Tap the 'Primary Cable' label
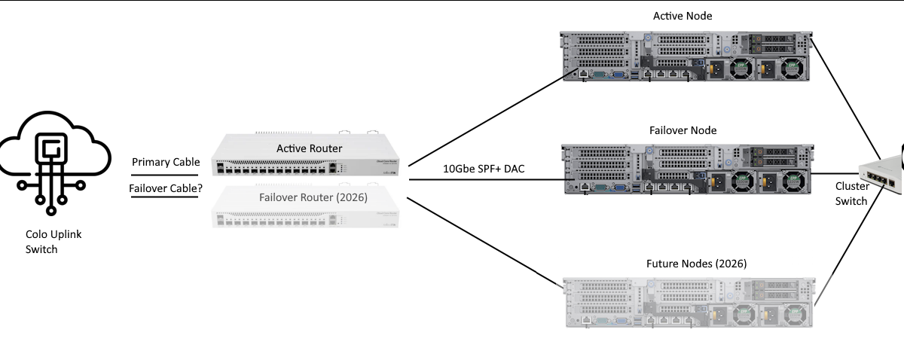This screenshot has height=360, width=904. coord(166,162)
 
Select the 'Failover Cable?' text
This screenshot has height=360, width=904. coord(165,188)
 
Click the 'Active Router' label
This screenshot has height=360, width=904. coord(309,148)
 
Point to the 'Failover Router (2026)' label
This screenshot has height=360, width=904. coord(309,198)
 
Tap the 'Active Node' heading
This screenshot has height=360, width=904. coord(683,16)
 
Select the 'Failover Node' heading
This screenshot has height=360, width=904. coord(683,130)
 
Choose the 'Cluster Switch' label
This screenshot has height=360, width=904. coord(852,194)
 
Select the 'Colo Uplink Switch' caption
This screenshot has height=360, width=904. coord(53,242)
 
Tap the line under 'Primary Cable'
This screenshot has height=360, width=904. coord(166,174)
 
